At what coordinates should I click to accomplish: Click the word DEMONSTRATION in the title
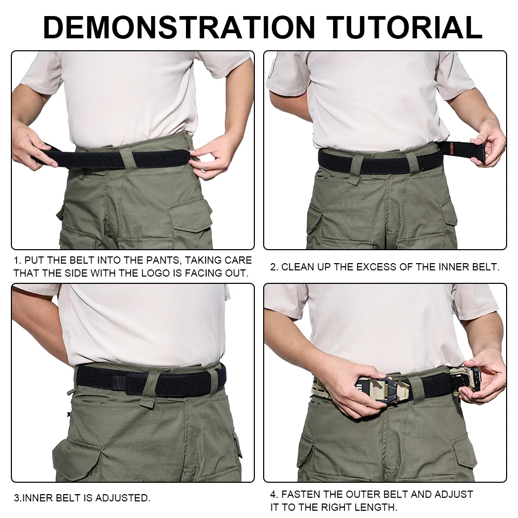[x=179, y=27]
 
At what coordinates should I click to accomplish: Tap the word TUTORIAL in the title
[x=405, y=27]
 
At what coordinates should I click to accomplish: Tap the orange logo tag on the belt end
[x=452, y=149]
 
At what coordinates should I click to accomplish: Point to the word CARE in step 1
[x=238, y=261]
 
